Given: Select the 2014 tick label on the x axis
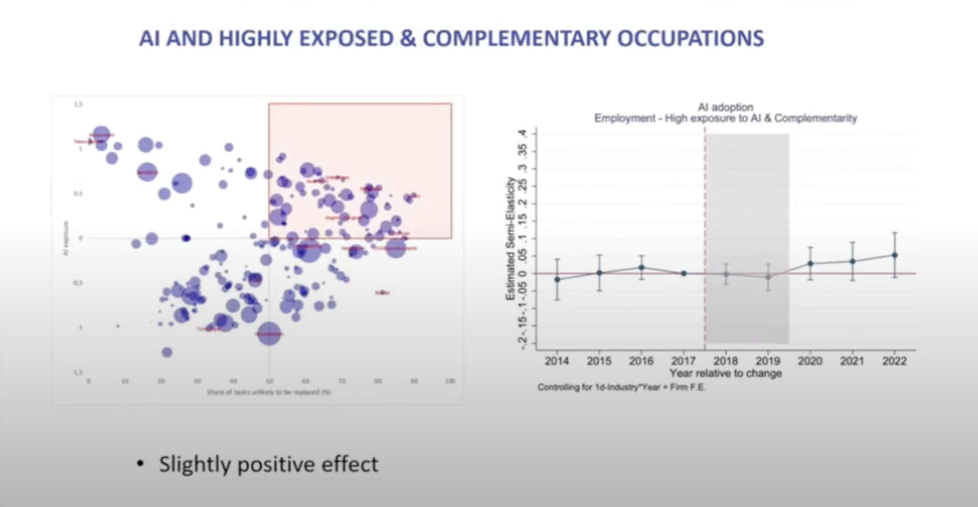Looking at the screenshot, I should pyautogui.click(x=557, y=361).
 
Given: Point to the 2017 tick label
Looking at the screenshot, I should pyautogui.click(x=684, y=361).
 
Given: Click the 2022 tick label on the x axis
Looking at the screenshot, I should pyautogui.click(x=894, y=361).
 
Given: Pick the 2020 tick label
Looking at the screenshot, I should pyautogui.click(x=810, y=361).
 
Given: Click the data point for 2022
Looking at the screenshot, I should pyautogui.click(x=894, y=255).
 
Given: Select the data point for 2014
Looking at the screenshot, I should pyautogui.click(x=557, y=279).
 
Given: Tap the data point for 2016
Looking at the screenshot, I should pyautogui.click(x=641, y=267).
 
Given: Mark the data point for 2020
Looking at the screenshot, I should pyautogui.click(x=810, y=263).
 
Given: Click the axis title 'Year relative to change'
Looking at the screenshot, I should pyautogui.click(x=726, y=373).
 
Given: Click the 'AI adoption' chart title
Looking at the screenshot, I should pyautogui.click(x=726, y=107).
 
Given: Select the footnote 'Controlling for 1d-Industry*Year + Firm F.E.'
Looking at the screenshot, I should pyautogui.click(x=622, y=387).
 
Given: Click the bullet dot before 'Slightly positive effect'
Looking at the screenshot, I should pyautogui.click(x=141, y=464).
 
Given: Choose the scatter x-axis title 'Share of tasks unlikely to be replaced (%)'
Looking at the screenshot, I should pyautogui.click(x=269, y=392).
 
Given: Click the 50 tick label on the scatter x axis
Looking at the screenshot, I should pyautogui.click(x=269, y=381).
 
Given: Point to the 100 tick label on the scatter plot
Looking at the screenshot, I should pyautogui.click(x=450, y=381).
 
